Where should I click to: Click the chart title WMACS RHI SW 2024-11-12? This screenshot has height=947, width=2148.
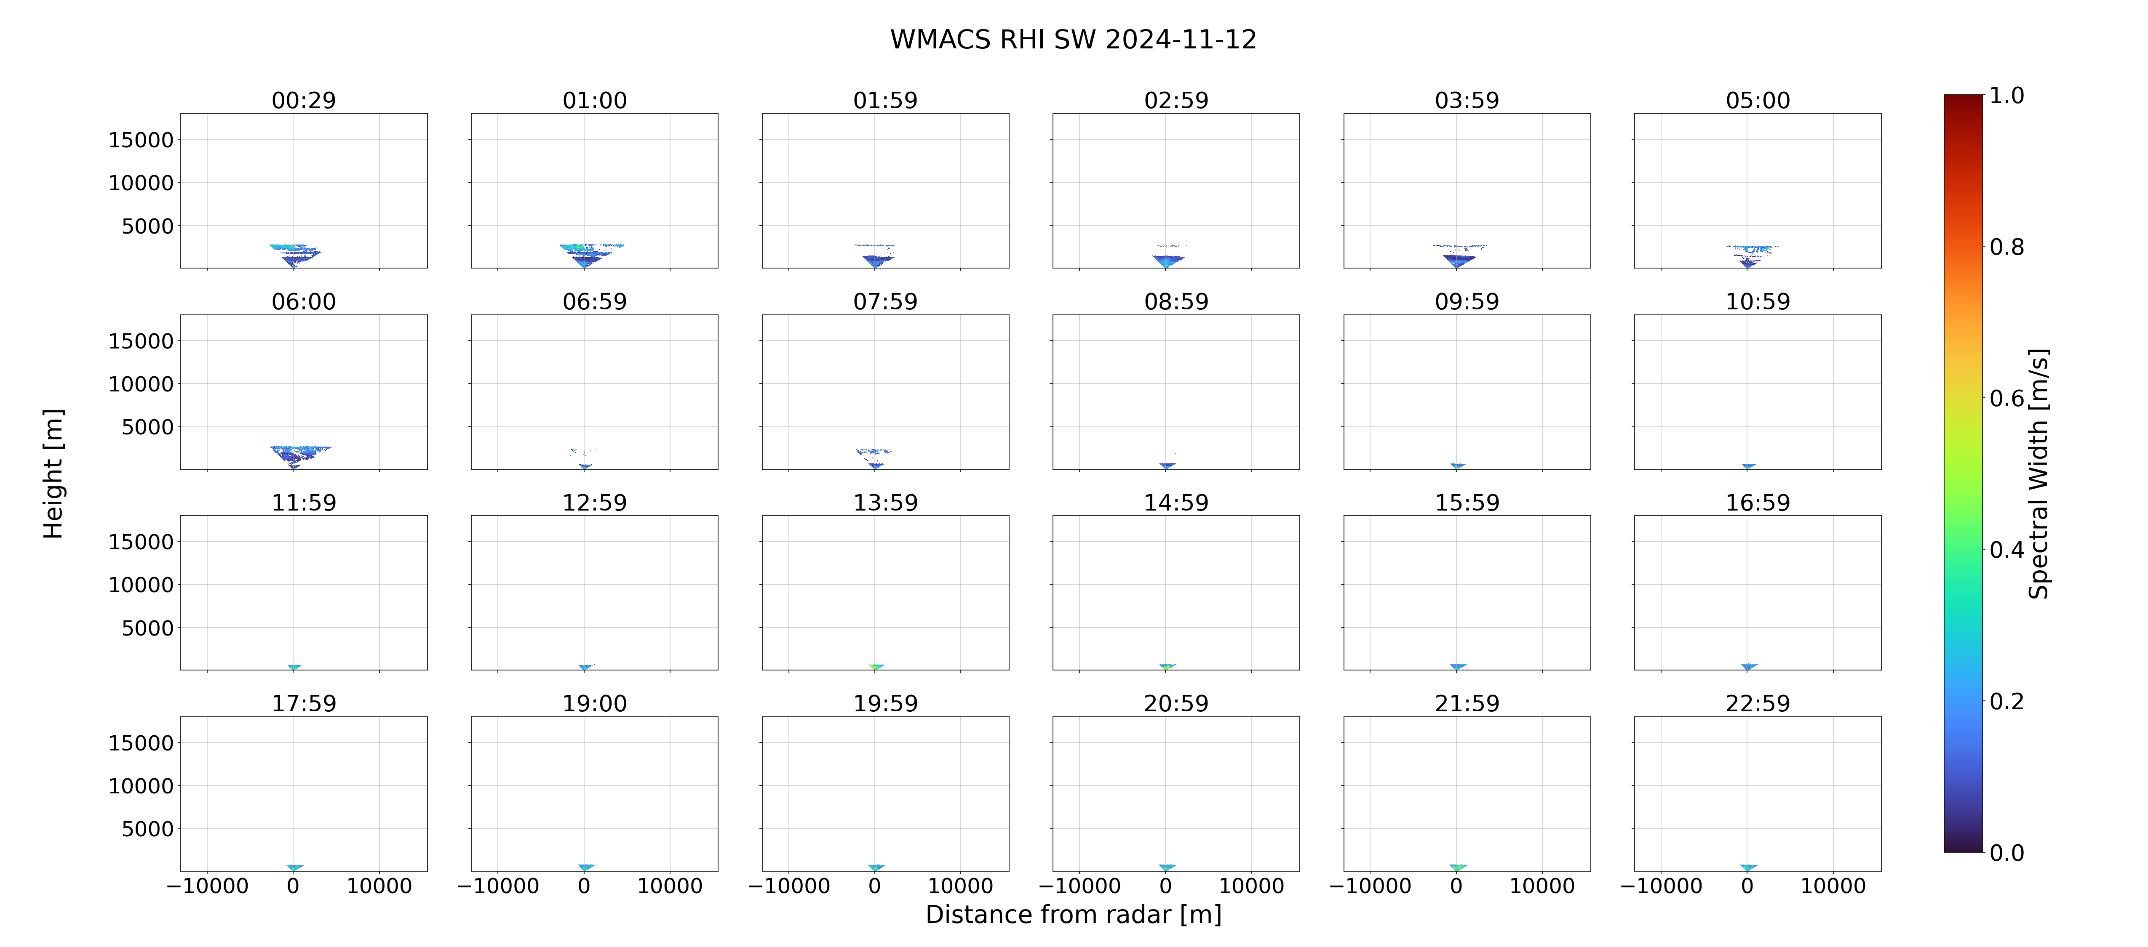click(x=1073, y=39)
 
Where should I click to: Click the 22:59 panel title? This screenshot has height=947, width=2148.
click(x=1758, y=704)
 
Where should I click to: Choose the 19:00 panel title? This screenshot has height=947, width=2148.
click(x=595, y=704)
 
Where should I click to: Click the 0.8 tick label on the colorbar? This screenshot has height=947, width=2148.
click(x=2007, y=247)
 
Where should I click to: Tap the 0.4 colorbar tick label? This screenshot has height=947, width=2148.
click(x=2007, y=550)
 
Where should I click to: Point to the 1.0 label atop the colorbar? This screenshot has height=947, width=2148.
click(x=2007, y=96)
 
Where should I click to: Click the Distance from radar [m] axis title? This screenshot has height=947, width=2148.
click(x=1073, y=915)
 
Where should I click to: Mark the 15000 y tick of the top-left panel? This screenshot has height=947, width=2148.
click(x=141, y=140)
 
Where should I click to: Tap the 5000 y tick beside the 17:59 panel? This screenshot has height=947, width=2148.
click(x=147, y=829)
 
